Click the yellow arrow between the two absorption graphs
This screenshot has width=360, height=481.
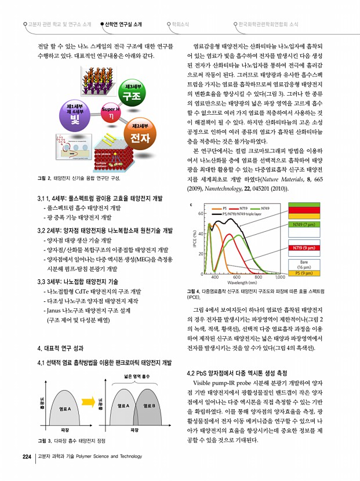click(x=89, y=400)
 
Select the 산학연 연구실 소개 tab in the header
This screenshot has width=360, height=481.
click(x=121, y=24)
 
